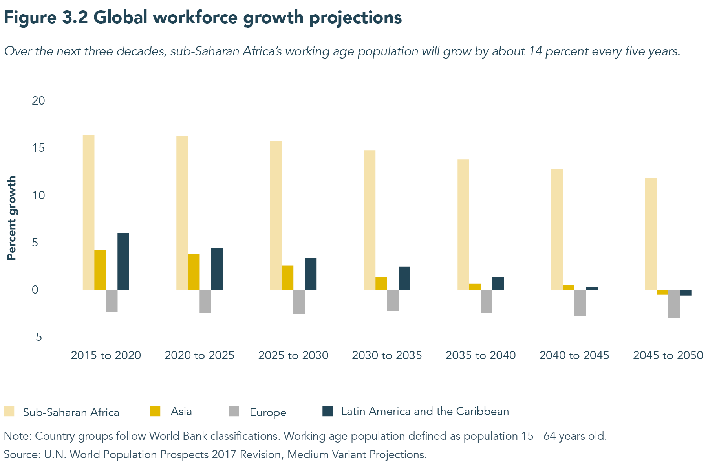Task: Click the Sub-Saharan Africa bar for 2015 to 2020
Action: point(88,212)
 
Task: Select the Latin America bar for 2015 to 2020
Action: point(123,262)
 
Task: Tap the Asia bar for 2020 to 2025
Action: point(194,272)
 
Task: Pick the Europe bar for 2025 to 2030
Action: point(299,302)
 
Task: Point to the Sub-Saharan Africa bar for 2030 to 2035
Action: point(370,220)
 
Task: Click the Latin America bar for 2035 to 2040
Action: point(498,284)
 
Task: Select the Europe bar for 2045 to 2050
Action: point(674,304)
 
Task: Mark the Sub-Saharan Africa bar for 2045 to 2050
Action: point(651,234)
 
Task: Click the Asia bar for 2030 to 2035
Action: point(381,284)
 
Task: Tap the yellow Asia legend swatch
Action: point(155,411)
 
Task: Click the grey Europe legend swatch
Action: point(234,412)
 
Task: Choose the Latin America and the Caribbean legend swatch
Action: point(327,411)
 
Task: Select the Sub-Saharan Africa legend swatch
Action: point(9,412)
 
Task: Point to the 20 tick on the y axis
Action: point(38,101)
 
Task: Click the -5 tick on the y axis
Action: point(37,337)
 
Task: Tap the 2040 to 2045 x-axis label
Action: point(574,355)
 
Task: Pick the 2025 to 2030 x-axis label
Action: point(293,355)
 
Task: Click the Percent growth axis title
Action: point(12,218)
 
